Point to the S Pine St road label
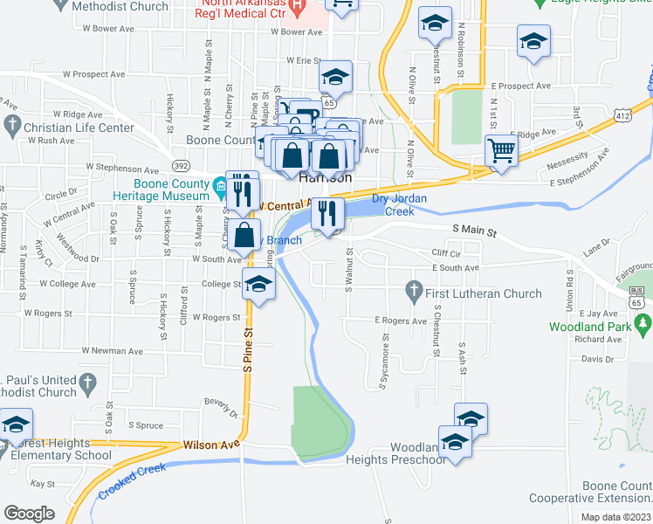tap(248, 344)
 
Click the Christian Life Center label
tap(79, 128)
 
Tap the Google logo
tap(28, 514)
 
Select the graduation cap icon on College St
tap(258, 283)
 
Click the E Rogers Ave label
tap(401, 321)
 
